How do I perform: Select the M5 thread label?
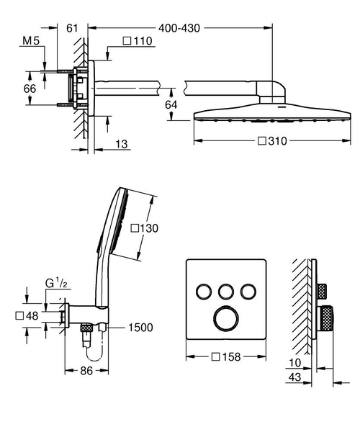tap(31, 41)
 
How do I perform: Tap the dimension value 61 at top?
tap(71, 27)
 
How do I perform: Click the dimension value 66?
tap(29, 88)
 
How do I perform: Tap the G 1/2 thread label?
tap(54, 284)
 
